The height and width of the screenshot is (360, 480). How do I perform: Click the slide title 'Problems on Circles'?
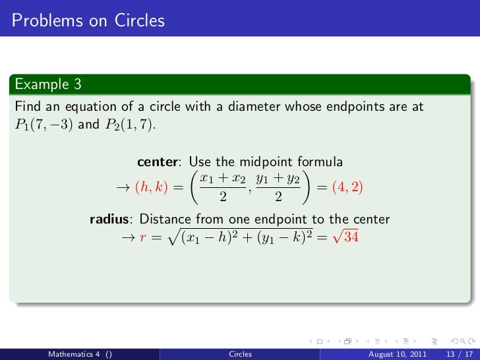coord(88,21)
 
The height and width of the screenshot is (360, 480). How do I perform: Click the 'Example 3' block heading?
coord(43,84)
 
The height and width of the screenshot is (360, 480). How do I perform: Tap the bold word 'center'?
coord(159,162)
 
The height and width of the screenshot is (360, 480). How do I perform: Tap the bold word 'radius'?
coord(110,220)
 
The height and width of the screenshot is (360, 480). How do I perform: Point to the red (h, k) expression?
coord(151,187)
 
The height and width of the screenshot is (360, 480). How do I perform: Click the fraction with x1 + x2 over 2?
coord(222,187)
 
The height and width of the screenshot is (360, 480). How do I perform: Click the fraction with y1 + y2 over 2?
coord(278,187)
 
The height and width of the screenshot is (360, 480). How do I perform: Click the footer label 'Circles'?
coord(240,354)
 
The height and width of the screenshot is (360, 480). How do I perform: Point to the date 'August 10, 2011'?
coord(392,354)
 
